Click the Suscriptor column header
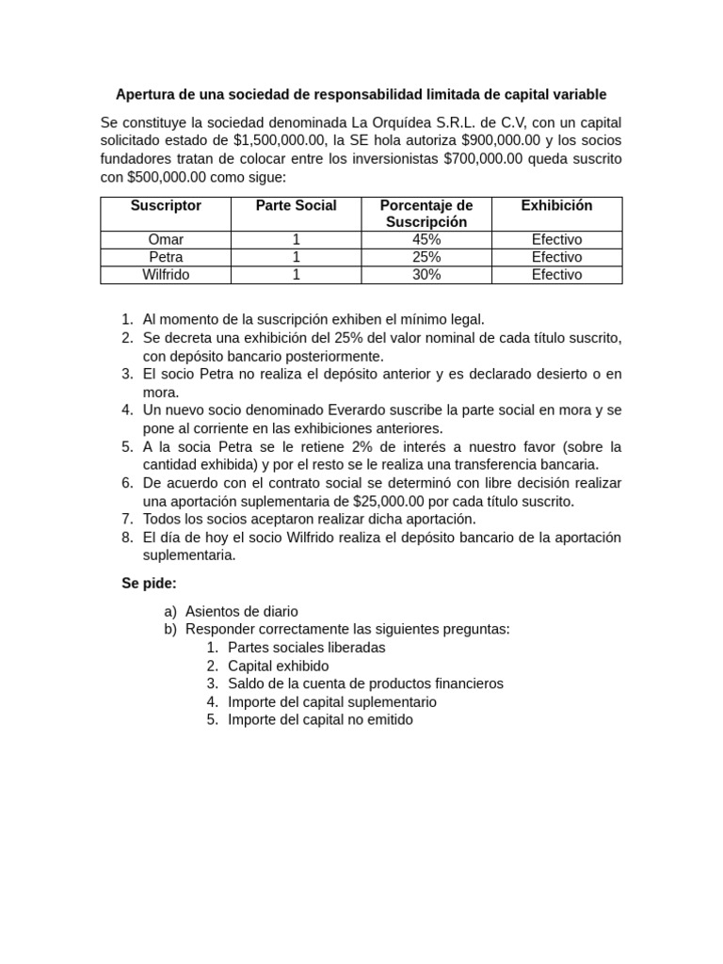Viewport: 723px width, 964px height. coord(166,205)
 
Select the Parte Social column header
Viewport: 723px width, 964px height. coord(296,205)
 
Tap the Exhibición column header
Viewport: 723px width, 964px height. coord(556,205)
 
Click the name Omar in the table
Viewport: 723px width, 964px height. coord(166,239)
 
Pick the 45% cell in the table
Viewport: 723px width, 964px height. coord(426,239)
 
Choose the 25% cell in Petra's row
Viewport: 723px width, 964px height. coord(426,257)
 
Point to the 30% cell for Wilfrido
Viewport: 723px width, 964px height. coord(426,275)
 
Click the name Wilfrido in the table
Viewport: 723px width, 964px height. coord(166,275)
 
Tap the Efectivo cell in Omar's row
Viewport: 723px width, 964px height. coord(556,239)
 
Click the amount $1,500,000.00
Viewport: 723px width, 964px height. coord(280,141)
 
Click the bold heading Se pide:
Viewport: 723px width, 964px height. coord(149,584)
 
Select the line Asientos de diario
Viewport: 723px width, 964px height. coord(242,611)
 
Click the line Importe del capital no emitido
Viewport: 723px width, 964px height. coord(320,719)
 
